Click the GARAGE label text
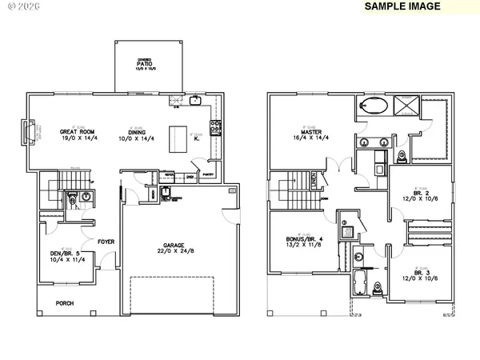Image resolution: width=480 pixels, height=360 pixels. (x=177, y=246)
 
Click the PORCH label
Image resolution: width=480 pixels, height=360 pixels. (x=66, y=303)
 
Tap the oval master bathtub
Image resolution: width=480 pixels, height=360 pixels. (x=375, y=106)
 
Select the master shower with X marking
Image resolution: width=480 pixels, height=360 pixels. (x=407, y=105)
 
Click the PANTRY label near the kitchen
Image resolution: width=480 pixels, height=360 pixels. (x=207, y=174)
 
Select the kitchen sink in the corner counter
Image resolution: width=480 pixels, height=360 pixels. (x=195, y=100)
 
